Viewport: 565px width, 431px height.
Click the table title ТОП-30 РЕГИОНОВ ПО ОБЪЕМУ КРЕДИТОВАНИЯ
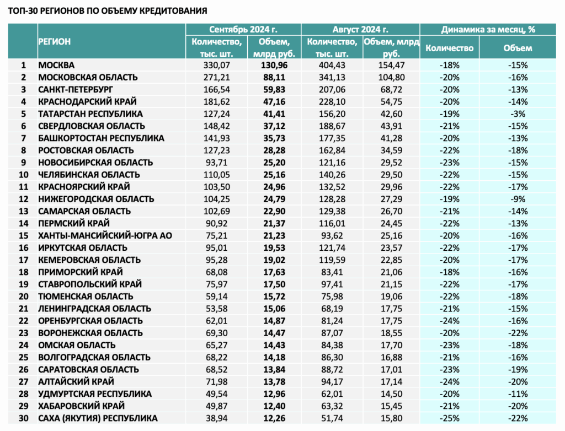point(108,11)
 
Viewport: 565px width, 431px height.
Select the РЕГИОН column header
point(55,41)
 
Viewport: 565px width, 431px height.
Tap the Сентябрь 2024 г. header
point(243,30)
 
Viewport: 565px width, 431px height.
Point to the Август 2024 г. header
point(360,30)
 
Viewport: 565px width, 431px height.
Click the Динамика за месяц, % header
point(488,30)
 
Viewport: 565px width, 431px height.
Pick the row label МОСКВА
point(56,65)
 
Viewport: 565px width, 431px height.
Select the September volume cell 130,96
point(274,65)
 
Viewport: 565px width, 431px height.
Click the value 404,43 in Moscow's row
point(332,65)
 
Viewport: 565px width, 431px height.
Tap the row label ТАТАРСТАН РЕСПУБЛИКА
point(90,114)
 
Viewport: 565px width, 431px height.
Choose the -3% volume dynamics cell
point(518,114)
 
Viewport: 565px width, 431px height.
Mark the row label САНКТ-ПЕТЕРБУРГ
point(76,89)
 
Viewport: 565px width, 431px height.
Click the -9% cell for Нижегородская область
point(518,199)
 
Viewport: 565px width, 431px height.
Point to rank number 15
point(23,235)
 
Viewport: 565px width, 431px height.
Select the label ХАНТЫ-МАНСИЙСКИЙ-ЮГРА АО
point(105,235)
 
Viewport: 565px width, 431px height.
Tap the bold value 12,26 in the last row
point(274,418)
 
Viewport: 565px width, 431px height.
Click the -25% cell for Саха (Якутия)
point(449,418)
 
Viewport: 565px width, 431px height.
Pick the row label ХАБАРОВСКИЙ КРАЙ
point(82,406)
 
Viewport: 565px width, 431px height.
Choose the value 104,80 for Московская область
point(391,77)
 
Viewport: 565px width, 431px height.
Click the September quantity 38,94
point(216,418)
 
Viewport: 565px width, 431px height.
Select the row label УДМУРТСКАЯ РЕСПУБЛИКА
point(95,394)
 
